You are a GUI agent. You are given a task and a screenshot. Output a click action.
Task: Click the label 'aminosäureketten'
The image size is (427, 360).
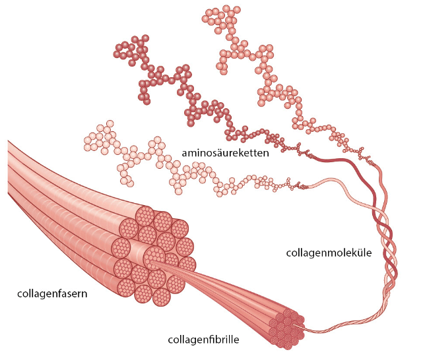[x=225, y=153]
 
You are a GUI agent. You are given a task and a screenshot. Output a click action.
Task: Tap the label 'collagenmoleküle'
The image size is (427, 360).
[x=329, y=253]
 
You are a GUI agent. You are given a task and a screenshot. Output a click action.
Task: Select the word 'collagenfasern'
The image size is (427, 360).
[x=52, y=294]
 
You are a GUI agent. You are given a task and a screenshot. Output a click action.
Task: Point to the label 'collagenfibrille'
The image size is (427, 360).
[x=203, y=340]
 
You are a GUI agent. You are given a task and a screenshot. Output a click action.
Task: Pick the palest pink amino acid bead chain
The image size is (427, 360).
[x=174, y=164]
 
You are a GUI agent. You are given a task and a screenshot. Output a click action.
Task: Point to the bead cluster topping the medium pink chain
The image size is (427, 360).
[x=221, y=19]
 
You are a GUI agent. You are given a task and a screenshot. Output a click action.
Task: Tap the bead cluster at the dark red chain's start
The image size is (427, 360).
[x=131, y=50]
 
